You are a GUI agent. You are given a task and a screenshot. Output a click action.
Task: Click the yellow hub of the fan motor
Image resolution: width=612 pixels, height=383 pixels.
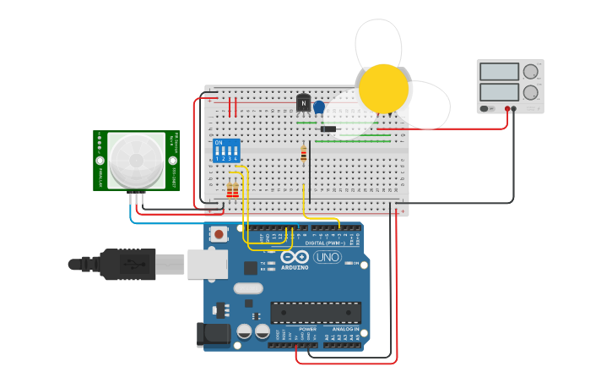383,88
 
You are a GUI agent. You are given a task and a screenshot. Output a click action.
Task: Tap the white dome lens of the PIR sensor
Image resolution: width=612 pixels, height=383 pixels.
136,160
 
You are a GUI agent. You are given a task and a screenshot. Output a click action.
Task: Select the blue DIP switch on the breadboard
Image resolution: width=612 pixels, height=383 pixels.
226,150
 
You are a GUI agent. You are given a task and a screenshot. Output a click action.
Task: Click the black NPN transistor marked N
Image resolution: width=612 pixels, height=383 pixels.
304,103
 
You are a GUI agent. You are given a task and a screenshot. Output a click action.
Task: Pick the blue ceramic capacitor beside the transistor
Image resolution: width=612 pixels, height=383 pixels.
319,107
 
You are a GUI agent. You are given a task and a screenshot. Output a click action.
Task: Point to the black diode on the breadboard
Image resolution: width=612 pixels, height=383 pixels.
328,129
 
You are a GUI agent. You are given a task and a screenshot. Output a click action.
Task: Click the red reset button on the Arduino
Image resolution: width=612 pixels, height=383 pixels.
219,234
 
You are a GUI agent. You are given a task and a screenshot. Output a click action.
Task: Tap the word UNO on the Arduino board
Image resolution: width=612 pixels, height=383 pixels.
328,257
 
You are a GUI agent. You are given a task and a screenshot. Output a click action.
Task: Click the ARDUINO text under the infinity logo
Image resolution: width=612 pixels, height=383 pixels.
295,267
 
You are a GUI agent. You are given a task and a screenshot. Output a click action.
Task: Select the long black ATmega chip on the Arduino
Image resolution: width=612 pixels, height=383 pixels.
315,312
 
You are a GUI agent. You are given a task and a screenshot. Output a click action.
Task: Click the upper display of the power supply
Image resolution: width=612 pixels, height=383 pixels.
498,72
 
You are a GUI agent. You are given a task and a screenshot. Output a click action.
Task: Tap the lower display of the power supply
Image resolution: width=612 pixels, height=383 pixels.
498,91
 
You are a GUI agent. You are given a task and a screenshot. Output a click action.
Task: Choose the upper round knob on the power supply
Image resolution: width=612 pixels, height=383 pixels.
531,72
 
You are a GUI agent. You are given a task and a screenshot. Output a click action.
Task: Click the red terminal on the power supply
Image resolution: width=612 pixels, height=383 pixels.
508,108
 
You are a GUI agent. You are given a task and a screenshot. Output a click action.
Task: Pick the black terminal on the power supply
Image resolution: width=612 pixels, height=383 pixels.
515,108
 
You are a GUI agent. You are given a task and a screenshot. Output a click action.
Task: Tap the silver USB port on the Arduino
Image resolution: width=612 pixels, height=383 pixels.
207,264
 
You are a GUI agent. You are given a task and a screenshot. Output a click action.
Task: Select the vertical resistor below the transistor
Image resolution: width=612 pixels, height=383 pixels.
304,154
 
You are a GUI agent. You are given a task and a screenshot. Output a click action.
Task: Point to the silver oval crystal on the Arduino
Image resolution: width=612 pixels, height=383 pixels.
249,288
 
